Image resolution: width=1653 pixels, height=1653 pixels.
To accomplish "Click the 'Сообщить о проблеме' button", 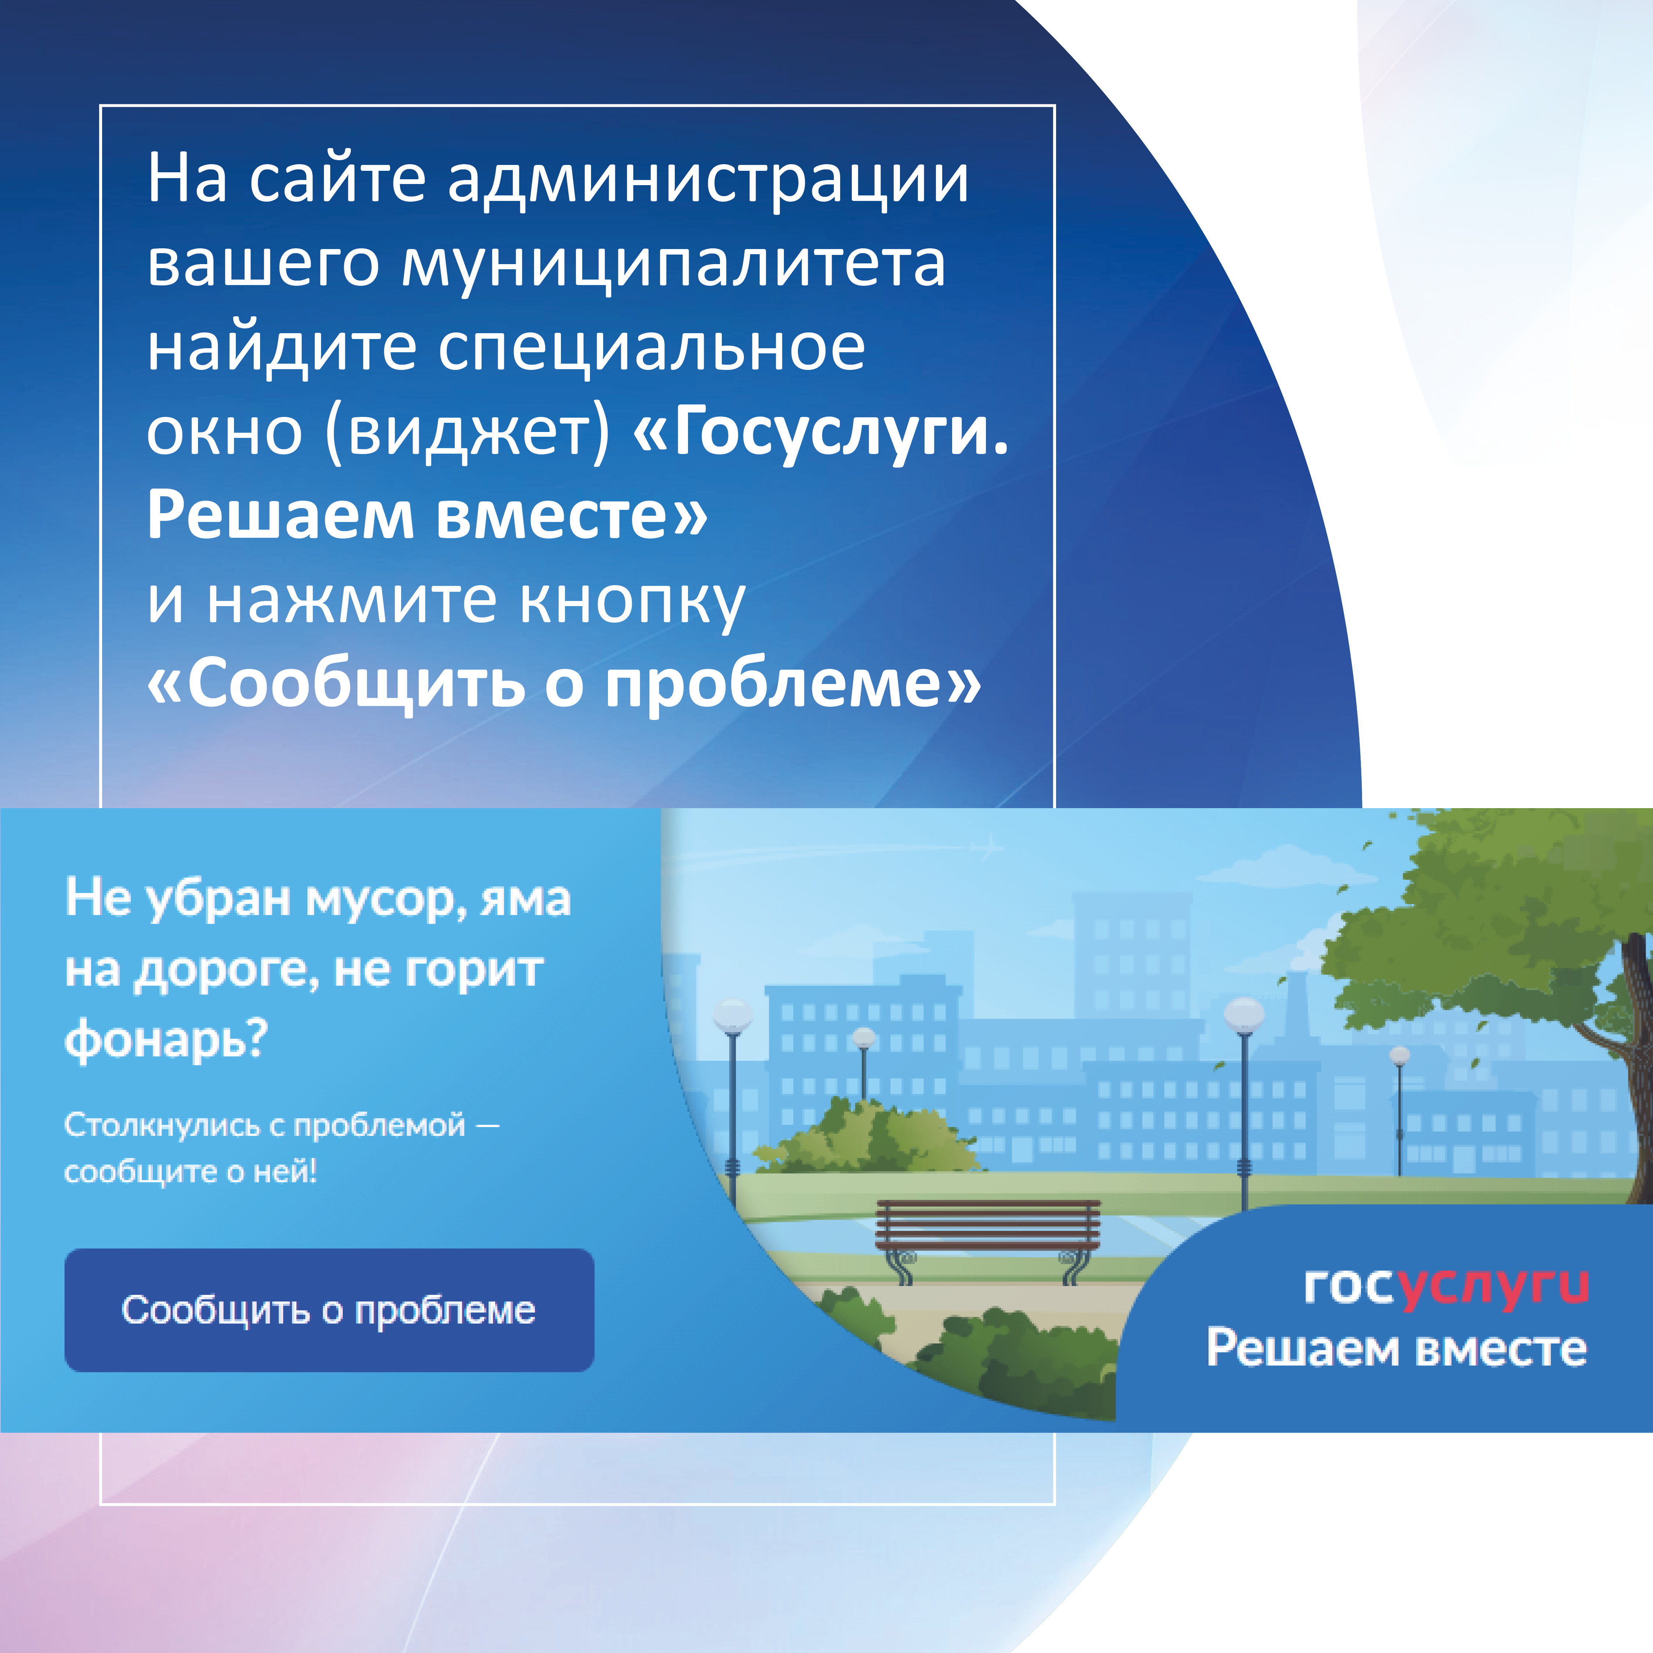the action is click(x=329, y=1310).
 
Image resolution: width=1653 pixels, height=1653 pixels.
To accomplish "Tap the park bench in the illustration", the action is click(x=988, y=1242).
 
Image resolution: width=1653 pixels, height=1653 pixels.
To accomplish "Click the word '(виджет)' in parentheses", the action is click(x=469, y=432).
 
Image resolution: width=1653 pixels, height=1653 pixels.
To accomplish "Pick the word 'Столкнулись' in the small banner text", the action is click(x=163, y=1125).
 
